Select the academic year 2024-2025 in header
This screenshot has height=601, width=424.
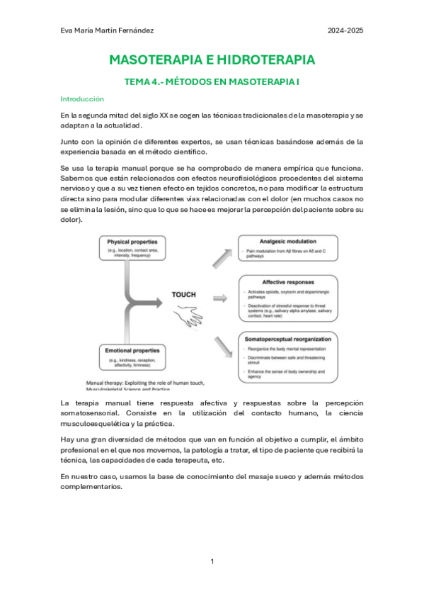345,30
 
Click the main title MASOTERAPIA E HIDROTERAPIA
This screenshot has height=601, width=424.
212,60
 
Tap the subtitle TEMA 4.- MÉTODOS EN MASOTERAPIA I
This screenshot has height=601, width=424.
212,82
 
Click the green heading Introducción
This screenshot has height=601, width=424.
82,99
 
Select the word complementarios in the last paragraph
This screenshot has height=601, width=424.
91,487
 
